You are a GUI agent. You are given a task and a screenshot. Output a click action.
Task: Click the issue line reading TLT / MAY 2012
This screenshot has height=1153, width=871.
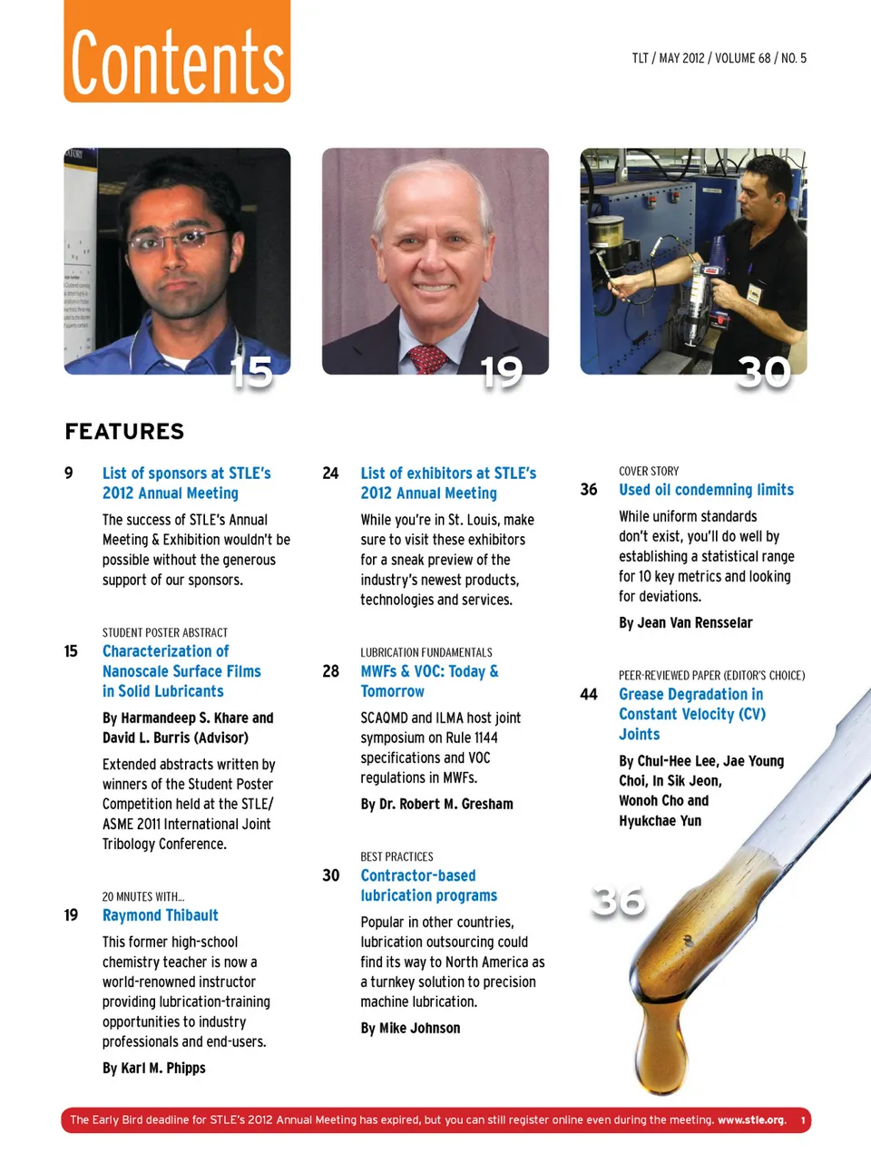coord(719,58)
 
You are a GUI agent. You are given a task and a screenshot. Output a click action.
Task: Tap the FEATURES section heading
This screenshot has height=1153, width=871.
coord(124,432)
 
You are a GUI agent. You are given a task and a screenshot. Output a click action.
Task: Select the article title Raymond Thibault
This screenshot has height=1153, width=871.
coord(160,915)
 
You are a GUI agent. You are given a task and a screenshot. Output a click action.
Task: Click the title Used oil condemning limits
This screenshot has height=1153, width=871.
coord(706,490)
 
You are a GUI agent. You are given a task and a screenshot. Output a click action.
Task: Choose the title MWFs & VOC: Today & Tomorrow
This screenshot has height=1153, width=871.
coord(429,681)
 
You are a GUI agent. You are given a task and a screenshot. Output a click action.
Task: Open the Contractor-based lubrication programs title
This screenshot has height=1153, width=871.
coord(428,885)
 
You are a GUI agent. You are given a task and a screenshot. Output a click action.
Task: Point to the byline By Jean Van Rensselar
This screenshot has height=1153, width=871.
coord(685,623)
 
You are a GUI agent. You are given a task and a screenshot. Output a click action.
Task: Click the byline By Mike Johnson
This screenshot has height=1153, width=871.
coord(410,1029)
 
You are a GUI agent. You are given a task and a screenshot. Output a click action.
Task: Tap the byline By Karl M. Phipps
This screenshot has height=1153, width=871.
coord(153,1069)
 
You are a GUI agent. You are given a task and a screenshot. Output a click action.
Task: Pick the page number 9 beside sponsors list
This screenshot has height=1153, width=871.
coord(69,474)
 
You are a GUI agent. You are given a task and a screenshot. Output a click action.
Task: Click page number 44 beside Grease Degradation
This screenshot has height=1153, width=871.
coord(589,695)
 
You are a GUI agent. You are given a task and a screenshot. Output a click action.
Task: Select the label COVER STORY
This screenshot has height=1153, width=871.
coord(648,472)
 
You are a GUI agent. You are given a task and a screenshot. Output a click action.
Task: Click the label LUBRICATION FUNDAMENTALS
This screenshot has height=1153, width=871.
coord(426,652)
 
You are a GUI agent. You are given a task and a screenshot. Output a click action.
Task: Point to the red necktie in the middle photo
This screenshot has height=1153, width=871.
coord(427,358)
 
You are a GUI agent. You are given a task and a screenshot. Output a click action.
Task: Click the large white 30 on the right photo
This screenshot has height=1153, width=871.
coord(764,372)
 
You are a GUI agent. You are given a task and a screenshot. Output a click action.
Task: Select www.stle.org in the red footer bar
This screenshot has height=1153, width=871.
coord(751,1120)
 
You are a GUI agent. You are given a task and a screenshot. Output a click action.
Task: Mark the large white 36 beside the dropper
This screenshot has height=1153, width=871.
coord(619,901)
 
